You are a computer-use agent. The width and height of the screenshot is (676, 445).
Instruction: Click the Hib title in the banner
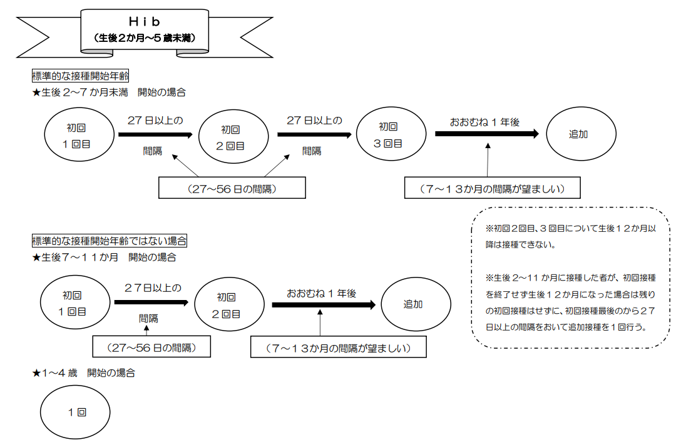[145, 22]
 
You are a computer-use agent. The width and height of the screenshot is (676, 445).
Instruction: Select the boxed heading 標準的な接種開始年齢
[80, 76]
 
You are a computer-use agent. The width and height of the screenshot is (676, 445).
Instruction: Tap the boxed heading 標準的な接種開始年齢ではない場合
[110, 241]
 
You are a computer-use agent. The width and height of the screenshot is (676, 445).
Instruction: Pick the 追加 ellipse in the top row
[578, 134]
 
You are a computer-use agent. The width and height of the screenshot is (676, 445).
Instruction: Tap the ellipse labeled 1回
[76, 412]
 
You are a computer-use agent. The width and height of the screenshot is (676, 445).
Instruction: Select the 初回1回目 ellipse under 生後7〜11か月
[74, 303]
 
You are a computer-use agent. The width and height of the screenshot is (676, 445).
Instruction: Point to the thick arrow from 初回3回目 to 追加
[486, 134]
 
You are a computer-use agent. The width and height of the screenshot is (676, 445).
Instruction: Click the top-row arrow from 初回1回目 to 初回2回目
[155, 134]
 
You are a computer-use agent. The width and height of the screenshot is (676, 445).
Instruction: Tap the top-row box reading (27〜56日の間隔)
[232, 188]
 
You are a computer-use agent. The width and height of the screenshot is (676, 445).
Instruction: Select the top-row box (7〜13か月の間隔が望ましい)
[493, 188]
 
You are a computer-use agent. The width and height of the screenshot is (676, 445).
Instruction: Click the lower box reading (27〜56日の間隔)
[151, 347]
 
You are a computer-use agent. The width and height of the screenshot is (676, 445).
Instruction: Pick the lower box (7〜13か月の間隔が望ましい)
[338, 347]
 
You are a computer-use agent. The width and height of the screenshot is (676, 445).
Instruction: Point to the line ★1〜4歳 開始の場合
[83, 373]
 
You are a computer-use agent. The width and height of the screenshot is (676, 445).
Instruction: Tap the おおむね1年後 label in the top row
[484, 122]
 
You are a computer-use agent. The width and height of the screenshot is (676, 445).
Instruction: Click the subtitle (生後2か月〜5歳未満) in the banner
[145, 37]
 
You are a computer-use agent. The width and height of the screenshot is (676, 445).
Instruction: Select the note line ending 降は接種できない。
[520, 244]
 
